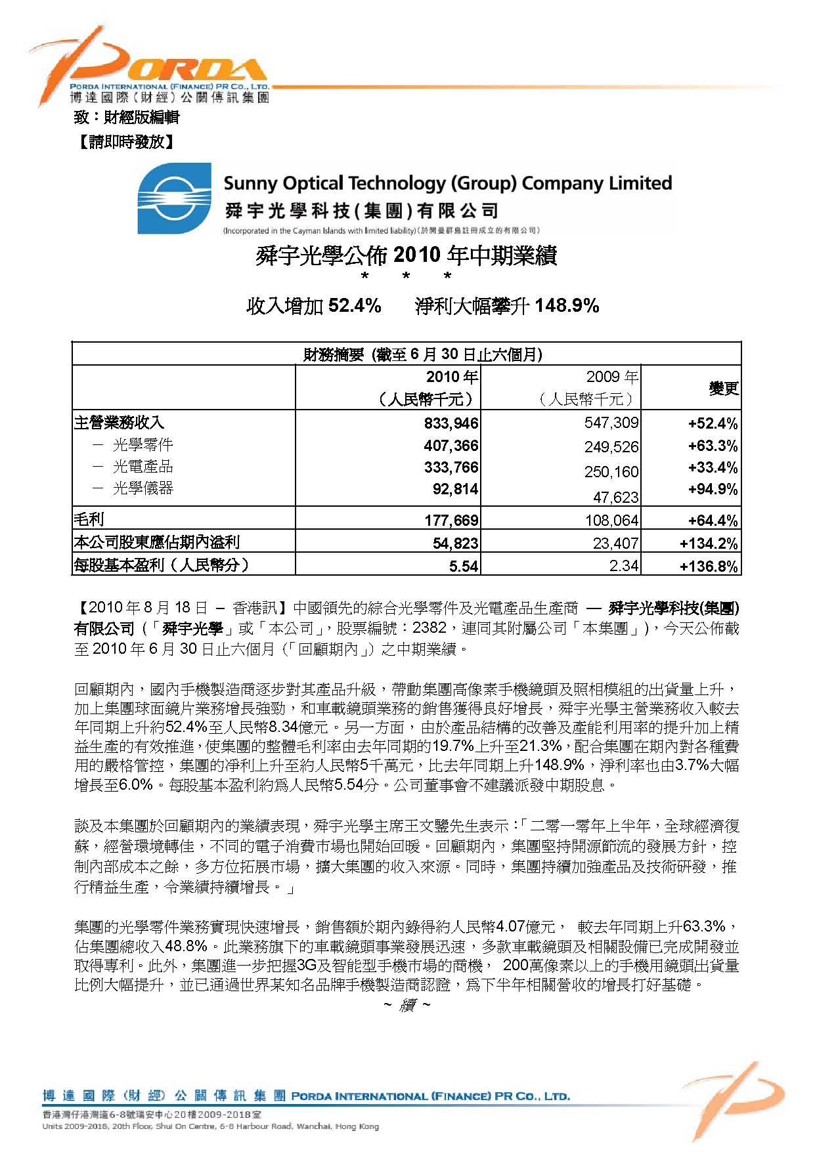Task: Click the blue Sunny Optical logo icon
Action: (175, 199)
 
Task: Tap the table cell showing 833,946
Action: (451, 423)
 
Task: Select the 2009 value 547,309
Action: (611, 423)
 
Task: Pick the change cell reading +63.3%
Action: (713, 446)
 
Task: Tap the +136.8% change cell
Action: (709, 566)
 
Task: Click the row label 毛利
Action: (89, 519)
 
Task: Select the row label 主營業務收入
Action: (119, 423)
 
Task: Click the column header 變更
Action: (723, 389)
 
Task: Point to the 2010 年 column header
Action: (452, 377)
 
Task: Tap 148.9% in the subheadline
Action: (567, 305)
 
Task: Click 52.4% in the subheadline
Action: (355, 305)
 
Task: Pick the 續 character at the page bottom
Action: (407, 1005)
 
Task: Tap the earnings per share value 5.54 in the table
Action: (464, 566)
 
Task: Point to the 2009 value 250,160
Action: (611, 472)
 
